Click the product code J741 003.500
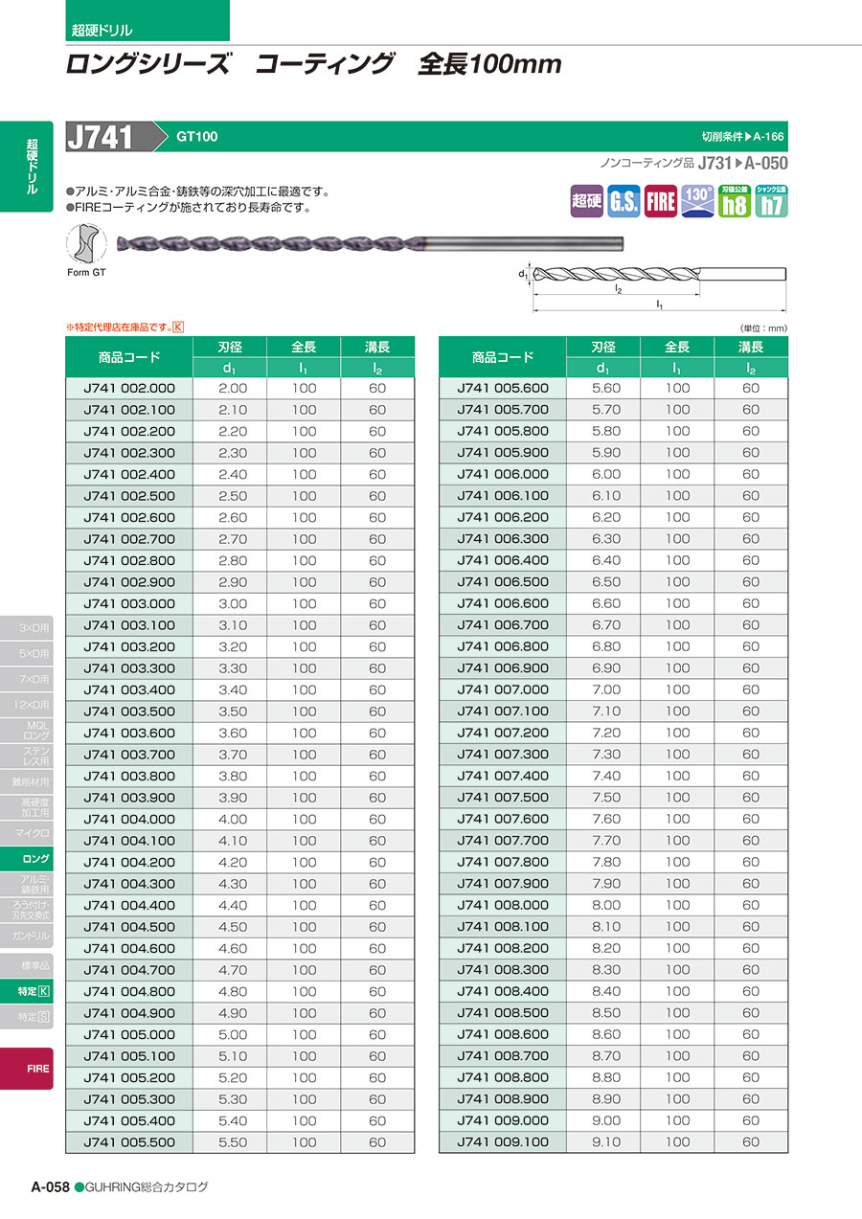click(129, 711)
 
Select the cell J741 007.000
click(503, 689)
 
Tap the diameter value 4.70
click(233, 970)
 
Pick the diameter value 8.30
click(606, 970)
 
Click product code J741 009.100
click(503, 1142)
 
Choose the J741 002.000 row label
click(129, 388)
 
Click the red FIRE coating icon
click(661, 201)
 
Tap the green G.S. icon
click(624, 201)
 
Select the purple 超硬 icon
click(586, 201)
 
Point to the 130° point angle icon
click(697, 201)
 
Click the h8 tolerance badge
click(735, 201)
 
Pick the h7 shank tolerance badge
click(771, 201)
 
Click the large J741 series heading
click(102, 137)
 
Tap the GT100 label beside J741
click(196, 137)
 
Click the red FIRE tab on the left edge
click(38, 1069)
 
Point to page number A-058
click(50, 1186)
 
